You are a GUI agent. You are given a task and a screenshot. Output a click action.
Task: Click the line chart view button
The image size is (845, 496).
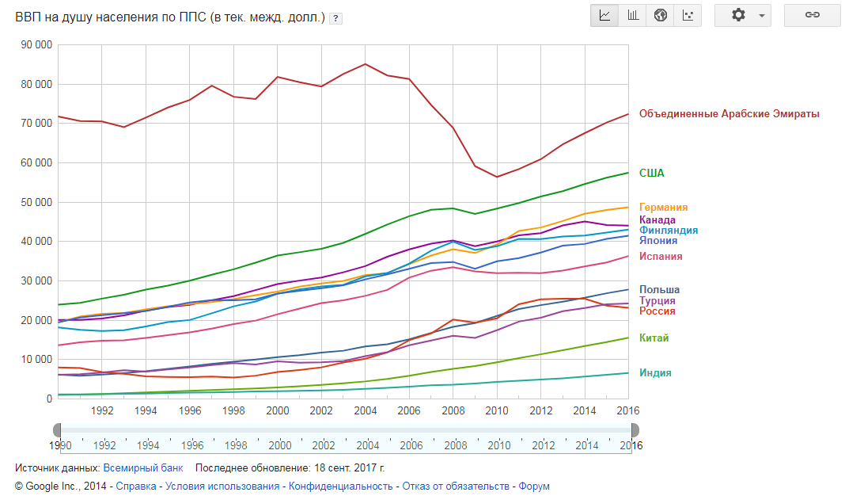point(605,16)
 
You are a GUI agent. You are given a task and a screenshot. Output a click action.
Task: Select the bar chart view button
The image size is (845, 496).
point(633,16)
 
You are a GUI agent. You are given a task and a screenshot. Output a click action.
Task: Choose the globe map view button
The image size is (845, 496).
point(661,16)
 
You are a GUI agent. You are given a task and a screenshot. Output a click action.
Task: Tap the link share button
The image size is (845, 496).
point(812,16)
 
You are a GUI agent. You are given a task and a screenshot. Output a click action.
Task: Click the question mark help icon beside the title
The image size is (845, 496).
point(335,18)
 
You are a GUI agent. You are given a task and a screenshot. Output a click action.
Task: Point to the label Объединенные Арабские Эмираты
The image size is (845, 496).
point(729,114)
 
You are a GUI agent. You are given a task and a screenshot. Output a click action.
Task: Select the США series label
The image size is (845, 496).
point(652,174)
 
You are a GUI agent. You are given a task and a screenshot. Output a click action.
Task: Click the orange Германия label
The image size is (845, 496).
point(663,208)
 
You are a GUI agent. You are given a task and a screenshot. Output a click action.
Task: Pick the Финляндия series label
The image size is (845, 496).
point(669,231)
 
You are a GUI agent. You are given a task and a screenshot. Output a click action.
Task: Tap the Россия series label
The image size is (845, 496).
point(657,311)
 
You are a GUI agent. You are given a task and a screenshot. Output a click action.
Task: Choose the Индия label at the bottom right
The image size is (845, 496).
point(655,373)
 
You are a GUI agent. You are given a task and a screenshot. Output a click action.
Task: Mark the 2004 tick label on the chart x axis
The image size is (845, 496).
point(364,411)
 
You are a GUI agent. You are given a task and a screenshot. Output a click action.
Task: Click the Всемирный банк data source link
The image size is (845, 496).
point(143,467)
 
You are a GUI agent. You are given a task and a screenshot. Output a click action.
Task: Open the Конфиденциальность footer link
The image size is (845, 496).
point(340,486)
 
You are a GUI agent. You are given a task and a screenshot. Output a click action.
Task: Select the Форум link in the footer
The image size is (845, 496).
point(534,486)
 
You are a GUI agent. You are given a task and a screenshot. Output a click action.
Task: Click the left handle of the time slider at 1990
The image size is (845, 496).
point(58,429)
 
